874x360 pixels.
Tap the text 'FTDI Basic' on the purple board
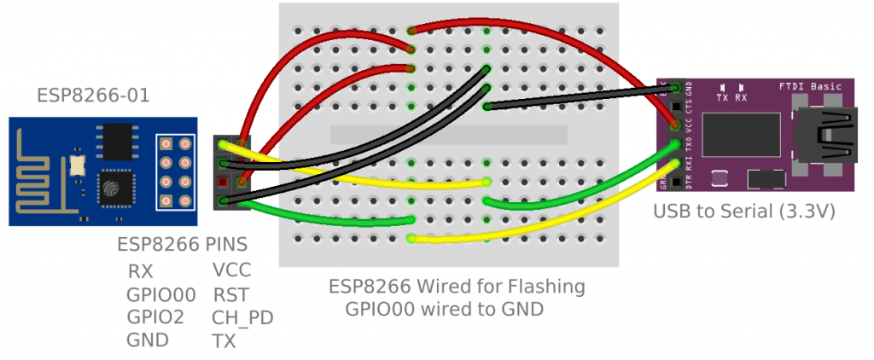(x=811, y=86)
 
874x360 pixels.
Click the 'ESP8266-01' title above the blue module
(x=93, y=96)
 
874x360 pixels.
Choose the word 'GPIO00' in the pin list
(x=160, y=295)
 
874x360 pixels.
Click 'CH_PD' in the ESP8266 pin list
(x=242, y=318)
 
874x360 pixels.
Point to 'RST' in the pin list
(x=230, y=295)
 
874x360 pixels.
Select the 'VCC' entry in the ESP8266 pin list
(x=232, y=271)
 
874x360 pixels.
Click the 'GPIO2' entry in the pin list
(x=154, y=317)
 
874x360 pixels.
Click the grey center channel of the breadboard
(x=448, y=135)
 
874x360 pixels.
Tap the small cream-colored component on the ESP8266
(x=78, y=163)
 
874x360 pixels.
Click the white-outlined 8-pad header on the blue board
(x=175, y=171)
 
